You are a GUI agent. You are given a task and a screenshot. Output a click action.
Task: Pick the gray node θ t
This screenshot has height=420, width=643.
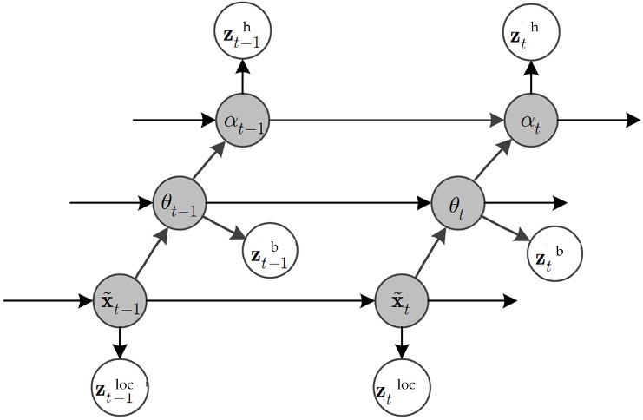pos(457,204)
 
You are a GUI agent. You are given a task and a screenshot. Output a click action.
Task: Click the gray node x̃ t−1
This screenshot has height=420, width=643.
pos(120,302)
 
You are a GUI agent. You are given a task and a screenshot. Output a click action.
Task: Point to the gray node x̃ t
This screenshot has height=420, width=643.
pos(402,302)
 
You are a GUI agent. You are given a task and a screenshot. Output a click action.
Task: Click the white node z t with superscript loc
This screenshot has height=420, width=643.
pos(402,384)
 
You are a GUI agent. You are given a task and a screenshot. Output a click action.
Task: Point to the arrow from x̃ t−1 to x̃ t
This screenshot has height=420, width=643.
pos(260,302)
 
